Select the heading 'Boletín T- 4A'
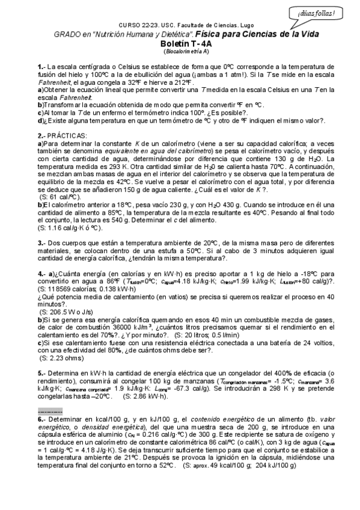coord(180,44)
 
